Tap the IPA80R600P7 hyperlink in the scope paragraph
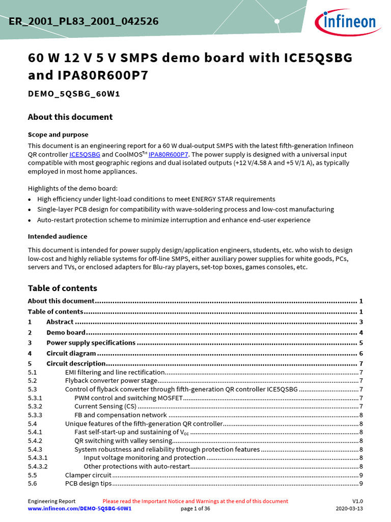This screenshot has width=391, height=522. [x=168, y=154]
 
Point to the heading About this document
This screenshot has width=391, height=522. [x=70, y=117]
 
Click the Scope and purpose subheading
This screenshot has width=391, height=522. [x=58, y=135]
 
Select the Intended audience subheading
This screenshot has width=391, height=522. [x=58, y=237]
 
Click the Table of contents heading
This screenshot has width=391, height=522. [x=62, y=288]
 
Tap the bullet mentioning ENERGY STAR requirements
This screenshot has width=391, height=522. [x=156, y=199]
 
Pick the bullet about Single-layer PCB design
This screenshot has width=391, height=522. [x=185, y=209]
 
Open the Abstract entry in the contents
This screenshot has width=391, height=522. [x=60, y=322]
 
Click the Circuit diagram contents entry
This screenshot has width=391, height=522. [x=71, y=353]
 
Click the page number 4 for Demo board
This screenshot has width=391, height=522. [x=360, y=332]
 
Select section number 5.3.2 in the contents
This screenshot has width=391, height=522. [x=35, y=406]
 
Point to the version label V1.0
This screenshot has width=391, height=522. [x=357, y=501]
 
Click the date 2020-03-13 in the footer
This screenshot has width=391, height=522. [x=349, y=509]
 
